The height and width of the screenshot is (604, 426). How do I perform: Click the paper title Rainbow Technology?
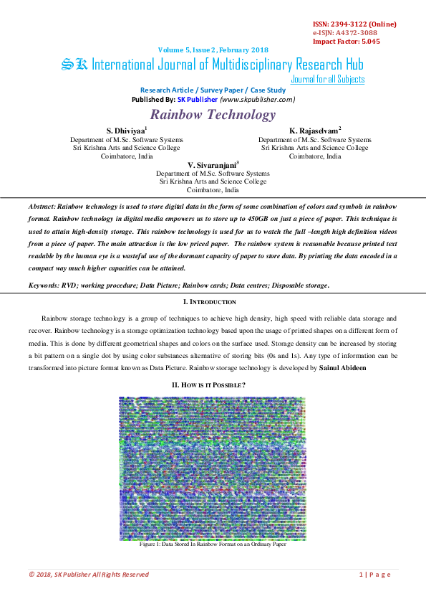(213, 115)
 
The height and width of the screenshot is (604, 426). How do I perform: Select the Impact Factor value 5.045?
(366, 42)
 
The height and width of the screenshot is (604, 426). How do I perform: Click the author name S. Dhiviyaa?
(125, 130)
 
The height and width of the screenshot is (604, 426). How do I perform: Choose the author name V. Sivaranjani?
(212, 164)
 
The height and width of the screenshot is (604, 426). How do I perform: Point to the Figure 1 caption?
(213, 544)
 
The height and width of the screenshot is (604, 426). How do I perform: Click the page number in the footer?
(374, 575)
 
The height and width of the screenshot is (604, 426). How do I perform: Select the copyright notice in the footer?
(89, 575)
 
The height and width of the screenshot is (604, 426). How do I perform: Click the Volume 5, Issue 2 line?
(213, 49)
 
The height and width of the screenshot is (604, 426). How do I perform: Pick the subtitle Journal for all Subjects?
(328, 79)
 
